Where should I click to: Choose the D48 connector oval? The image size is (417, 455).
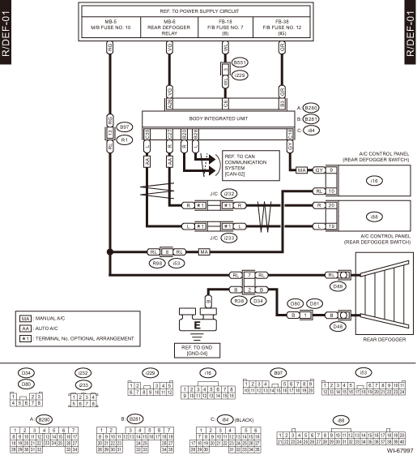pyautogui.click(x=340, y=326)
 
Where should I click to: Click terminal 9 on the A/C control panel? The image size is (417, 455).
pyautogui.click(x=332, y=170)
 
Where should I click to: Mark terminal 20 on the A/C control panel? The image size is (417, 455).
pyautogui.click(x=332, y=206)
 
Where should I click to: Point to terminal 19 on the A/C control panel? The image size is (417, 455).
pyautogui.click(x=332, y=224)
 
